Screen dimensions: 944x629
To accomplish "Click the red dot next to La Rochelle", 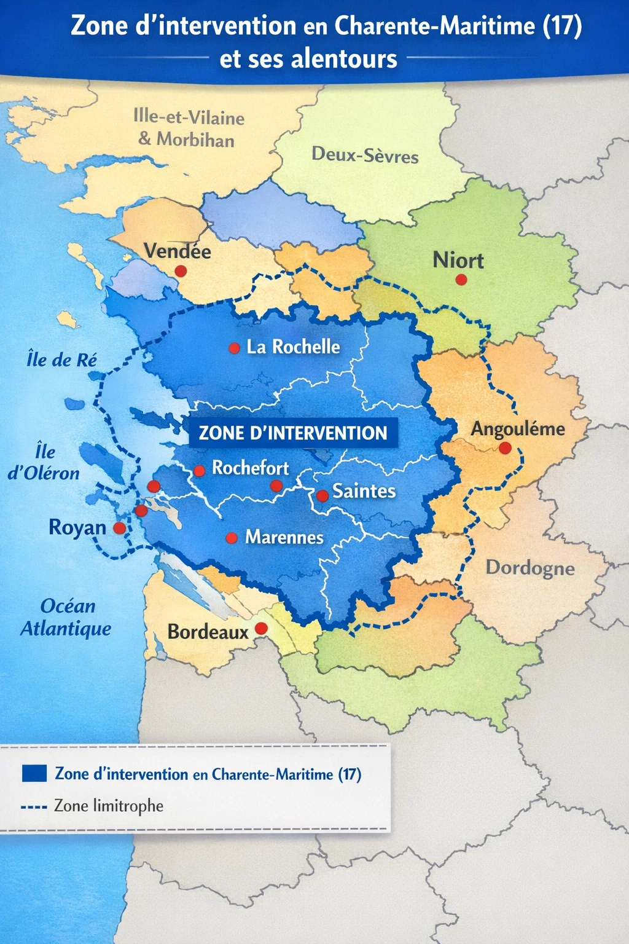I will pyautogui.click(x=234, y=348).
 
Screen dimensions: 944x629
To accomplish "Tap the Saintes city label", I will pyautogui.click(x=364, y=491).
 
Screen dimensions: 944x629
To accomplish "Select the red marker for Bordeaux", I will pyautogui.click(x=261, y=628).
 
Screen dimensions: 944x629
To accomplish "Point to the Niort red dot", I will pyautogui.click(x=461, y=280).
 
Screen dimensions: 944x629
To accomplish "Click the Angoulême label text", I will pyautogui.click(x=517, y=428).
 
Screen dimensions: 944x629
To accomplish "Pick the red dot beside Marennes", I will pyautogui.click(x=232, y=538).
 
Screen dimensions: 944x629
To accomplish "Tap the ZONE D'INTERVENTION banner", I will pyautogui.click(x=293, y=433).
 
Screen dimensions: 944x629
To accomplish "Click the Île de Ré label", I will pyautogui.click(x=61, y=360).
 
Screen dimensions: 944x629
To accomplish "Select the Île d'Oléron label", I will pyautogui.click(x=44, y=462).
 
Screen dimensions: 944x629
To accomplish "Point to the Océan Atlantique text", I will pyautogui.click(x=66, y=617).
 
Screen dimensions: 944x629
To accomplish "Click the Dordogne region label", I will pyautogui.click(x=530, y=567).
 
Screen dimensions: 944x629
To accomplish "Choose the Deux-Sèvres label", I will pyautogui.click(x=365, y=154).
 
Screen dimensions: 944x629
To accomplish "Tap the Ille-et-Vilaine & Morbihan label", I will pyautogui.click(x=188, y=128).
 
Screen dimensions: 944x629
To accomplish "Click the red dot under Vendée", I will pyautogui.click(x=181, y=271).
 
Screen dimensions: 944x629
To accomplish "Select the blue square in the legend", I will pyautogui.click(x=34, y=773).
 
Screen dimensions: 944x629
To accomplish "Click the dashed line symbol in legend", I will pyautogui.click(x=34, y=806).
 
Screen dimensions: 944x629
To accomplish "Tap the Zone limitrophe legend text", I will pyautogui.click(x=109, y=806).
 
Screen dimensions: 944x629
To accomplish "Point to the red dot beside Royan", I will pyautogui.click(x=120, y=528).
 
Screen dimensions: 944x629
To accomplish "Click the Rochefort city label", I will pyautogui.click(x=250, y=468).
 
